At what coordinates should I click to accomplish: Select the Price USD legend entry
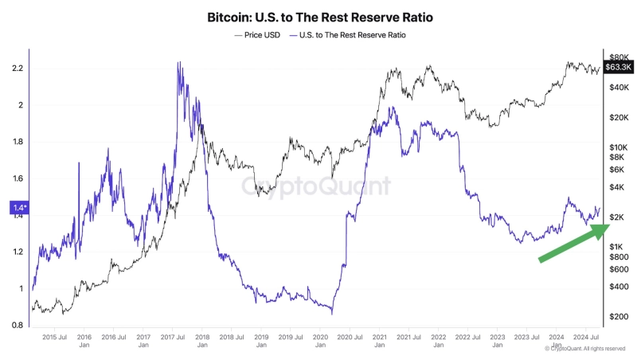[260, 35]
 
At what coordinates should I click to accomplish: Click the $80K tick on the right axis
[619, 57]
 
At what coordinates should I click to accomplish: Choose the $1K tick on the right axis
[616, 247]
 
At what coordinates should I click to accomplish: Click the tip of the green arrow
[608, 226]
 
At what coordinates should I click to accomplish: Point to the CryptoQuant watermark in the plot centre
[316, 186]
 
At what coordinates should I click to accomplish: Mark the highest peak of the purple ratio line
[178, 62]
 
